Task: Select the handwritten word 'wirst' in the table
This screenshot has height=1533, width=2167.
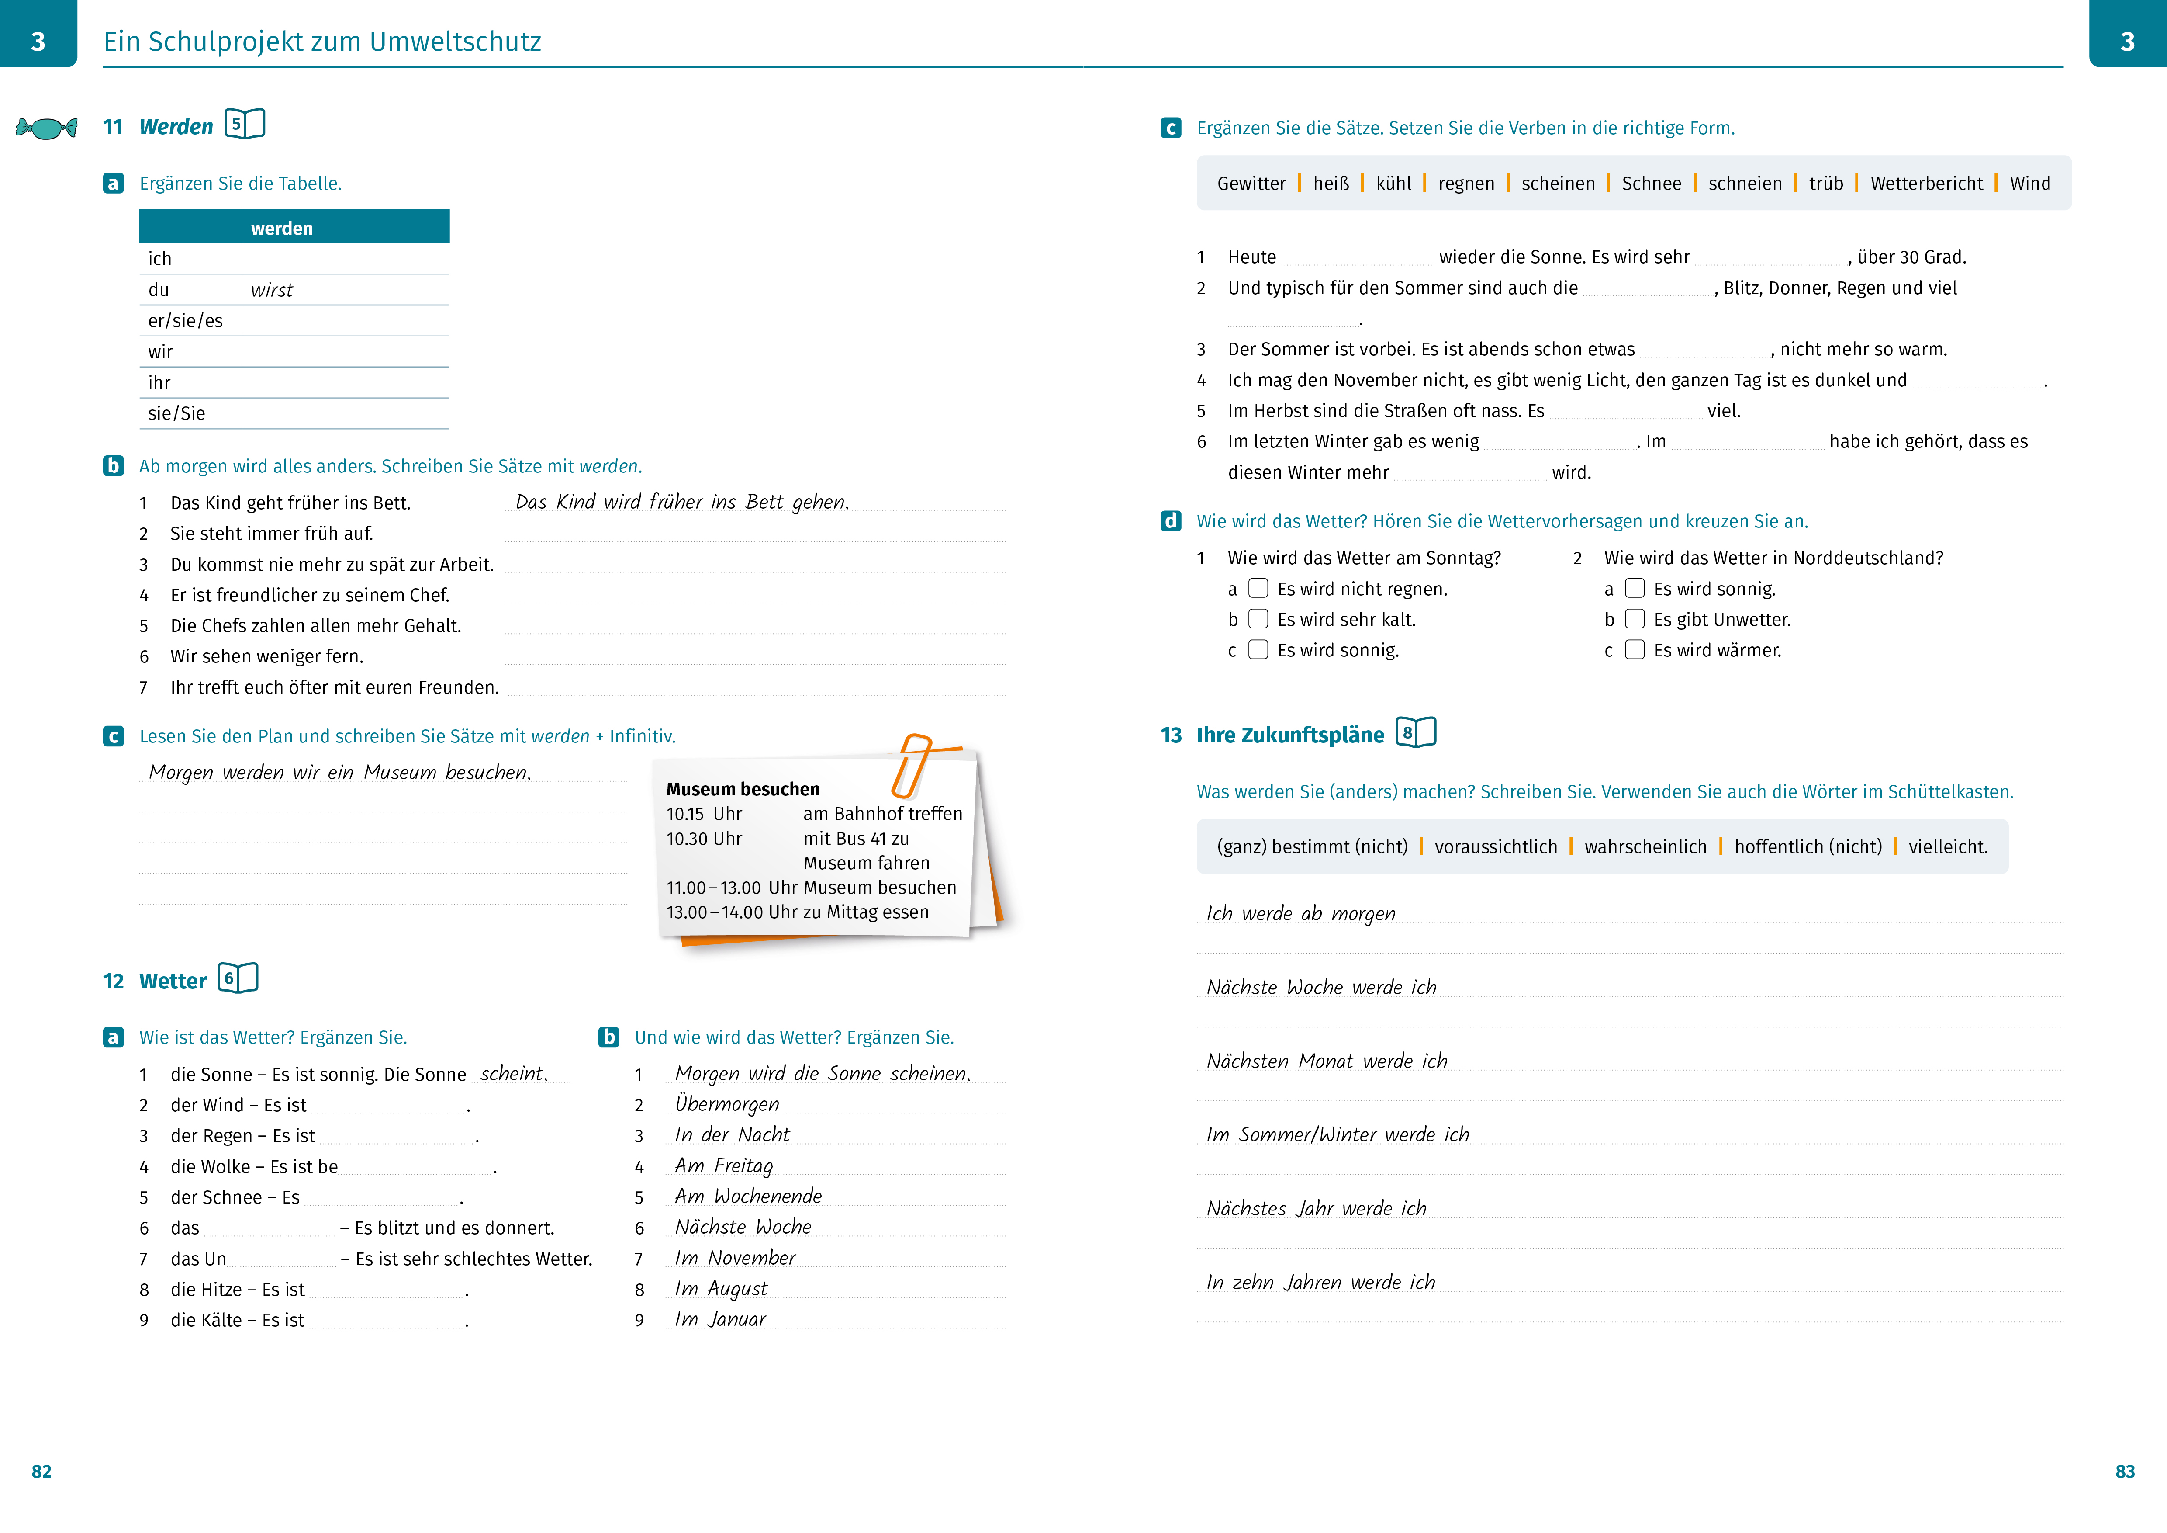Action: tap(272, 290)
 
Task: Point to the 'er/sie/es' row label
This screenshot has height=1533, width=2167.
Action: tap(185, 321)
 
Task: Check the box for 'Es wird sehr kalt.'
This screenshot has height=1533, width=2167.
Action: tap(1258, 619)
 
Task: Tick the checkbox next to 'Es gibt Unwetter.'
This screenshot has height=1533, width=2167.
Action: tap(1635, 619)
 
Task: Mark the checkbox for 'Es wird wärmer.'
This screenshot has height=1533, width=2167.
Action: tap(1635, 649)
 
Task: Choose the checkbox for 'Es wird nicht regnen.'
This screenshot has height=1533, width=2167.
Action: tap(1258, 588)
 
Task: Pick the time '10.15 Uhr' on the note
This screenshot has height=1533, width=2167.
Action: tap(704, 814)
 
